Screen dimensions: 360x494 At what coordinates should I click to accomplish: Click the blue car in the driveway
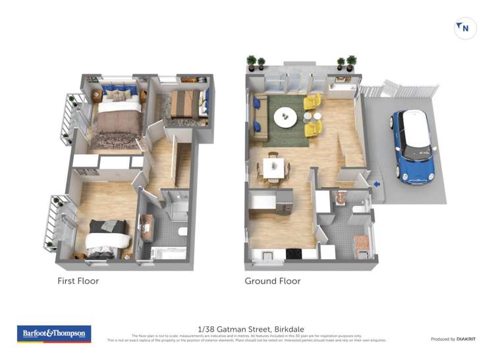[x=413, y=146]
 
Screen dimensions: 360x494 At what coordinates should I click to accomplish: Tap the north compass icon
[x=465, y=28]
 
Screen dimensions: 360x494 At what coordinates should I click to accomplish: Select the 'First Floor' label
[x=78, y=281]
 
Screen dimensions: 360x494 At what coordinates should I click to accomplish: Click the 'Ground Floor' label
[x=273, y=281]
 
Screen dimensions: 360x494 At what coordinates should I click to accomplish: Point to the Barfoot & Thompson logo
[x=53, y=334]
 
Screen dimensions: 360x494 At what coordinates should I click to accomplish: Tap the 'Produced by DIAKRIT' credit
[x=453, y=339]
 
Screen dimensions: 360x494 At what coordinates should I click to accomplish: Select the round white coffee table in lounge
[x=286, y=117]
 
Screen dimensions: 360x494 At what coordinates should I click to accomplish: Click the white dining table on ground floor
[x=273, y=167]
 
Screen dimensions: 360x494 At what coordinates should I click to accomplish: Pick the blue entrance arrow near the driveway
[x=376, y=184]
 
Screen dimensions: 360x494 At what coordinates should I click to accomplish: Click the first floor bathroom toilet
[x=182, y=231]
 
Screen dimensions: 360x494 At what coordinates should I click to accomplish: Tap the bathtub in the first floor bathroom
[x=165, y=252]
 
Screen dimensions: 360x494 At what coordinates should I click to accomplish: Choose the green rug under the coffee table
[x=290, y=132]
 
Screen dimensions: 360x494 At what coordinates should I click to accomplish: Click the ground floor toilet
[x=356, y=209]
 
